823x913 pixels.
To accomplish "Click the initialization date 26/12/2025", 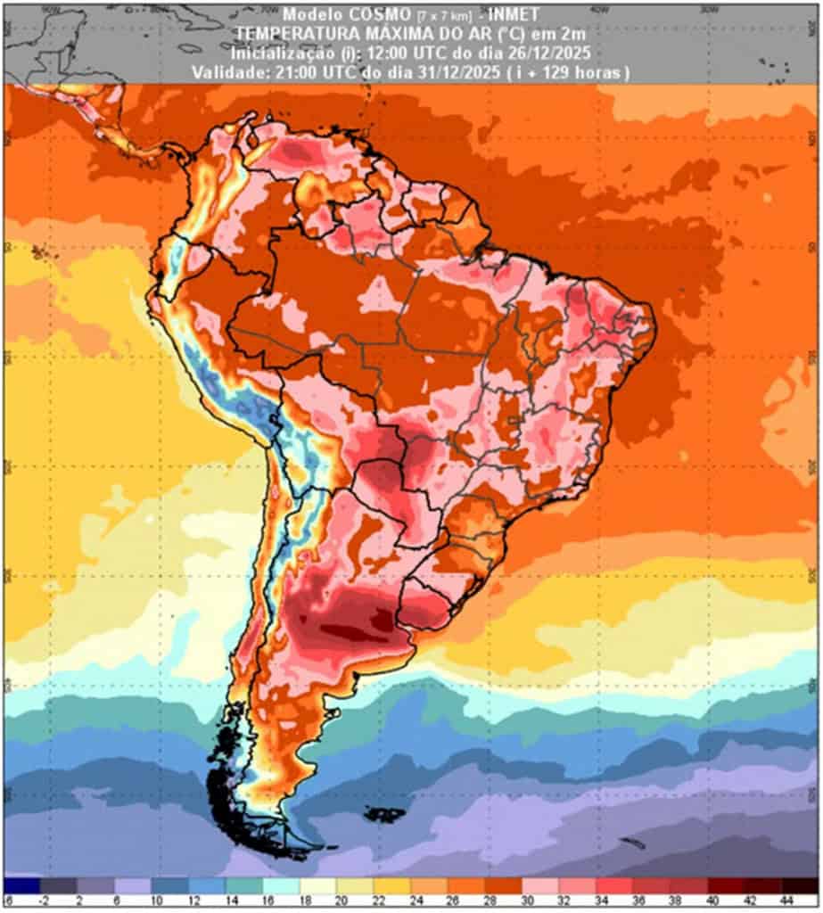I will tap(547, 53).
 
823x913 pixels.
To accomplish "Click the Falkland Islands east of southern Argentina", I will tap(386, 813).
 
